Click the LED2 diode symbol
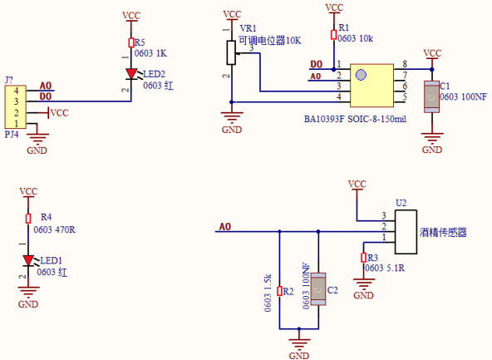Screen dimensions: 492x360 [131, 74]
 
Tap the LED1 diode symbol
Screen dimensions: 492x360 [28, 260]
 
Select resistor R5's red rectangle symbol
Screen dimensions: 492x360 [131, 42]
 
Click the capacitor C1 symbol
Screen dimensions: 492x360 [432, 96]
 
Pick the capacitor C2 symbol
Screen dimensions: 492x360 [318, 289]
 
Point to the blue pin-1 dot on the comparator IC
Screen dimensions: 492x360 [361, 75]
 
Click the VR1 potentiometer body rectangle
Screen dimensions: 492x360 [231, 52]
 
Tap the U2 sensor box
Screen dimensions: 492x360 [406, 232]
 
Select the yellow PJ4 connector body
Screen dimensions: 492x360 [15, 106]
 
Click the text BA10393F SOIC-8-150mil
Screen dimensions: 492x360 [355, 119]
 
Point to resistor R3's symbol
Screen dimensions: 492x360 [363, 258]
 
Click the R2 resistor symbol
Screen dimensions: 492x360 [279, 291]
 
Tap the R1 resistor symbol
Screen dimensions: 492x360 [333, 35]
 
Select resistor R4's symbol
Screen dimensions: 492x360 [28, 219]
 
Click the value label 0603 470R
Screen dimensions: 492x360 [54, 230]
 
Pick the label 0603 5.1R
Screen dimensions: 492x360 [385, 268]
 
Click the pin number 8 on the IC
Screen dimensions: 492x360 [405, 64]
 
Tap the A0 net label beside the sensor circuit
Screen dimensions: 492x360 [225, 227]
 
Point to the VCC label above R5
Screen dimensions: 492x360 [131, 16]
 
